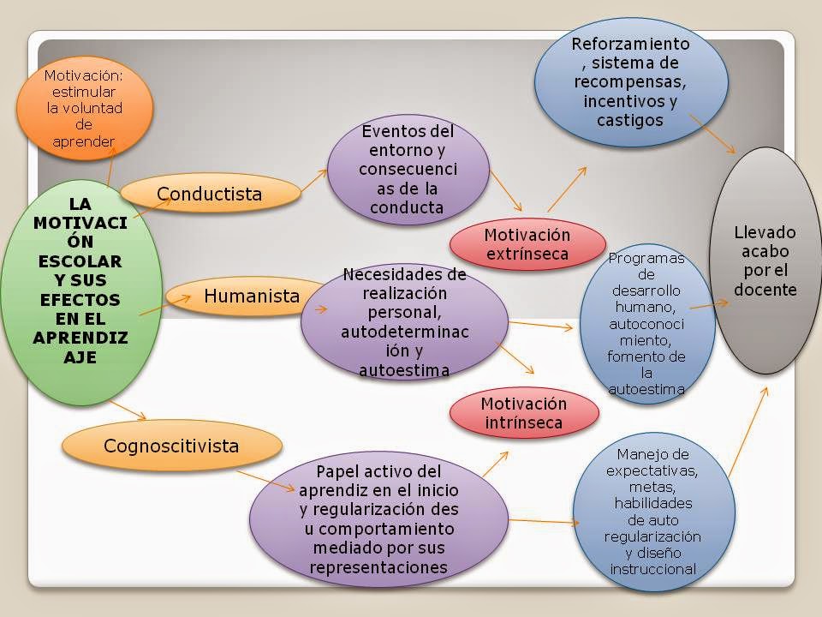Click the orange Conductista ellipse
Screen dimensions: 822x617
(211, 193)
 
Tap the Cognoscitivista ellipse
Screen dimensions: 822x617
(172, 446)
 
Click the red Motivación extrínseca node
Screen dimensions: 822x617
(527, 244)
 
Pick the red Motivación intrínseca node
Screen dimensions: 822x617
(524, 413)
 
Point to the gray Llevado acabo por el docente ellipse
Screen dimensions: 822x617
(765, 261)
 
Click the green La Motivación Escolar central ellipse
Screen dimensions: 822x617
(80, 293)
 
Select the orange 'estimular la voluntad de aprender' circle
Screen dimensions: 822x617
(85, 108)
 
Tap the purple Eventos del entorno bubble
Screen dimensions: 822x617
(408, 170)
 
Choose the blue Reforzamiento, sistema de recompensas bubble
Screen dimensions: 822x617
(631, 82)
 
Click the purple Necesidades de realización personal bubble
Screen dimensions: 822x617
(404, 321)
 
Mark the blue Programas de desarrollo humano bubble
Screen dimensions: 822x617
(647, 324)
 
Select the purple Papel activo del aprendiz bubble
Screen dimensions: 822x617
(378, 519)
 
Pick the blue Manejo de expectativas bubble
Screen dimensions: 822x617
(653, 512)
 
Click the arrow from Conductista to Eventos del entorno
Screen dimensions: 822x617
(313, 181)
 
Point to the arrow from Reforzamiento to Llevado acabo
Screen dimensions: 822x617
(712, 134)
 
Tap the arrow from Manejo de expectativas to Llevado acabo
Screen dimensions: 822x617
(748, 432)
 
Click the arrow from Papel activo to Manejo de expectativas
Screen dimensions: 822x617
(545, 522)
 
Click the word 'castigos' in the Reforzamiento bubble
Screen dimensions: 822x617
(629, 120)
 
